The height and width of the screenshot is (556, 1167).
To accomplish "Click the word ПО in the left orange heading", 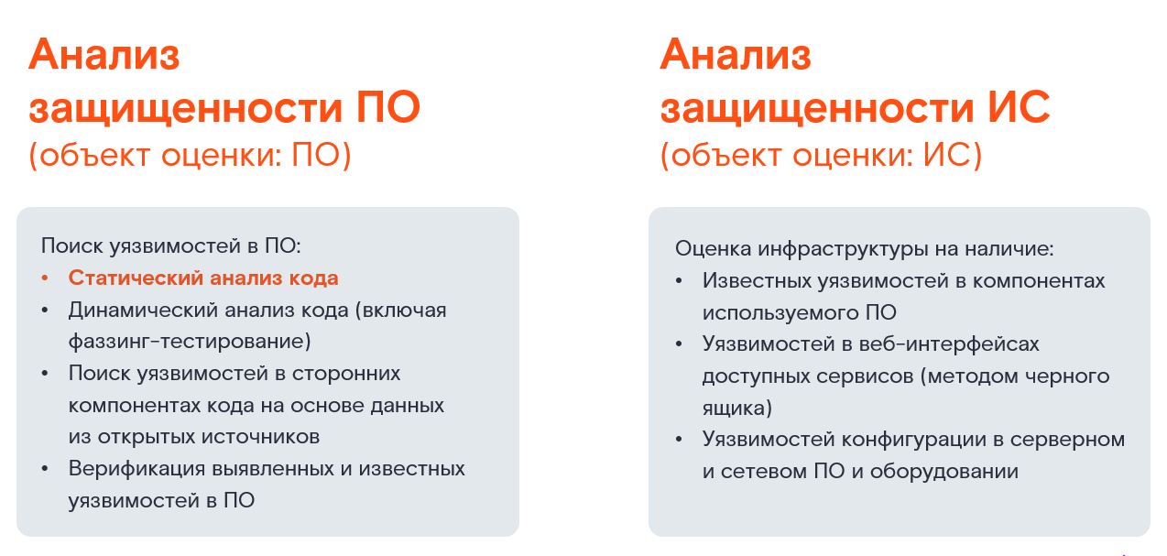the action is point(388,107).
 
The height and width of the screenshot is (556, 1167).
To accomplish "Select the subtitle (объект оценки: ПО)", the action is point(191,156).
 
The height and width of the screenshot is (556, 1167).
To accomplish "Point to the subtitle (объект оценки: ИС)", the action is point(821,156).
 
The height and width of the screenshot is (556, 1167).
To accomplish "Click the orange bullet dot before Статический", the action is point(45,278).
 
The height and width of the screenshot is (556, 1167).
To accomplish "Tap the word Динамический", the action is point(143,311).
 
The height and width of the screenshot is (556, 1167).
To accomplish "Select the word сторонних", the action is point(346,374).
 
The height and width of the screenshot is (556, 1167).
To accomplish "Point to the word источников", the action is point(260,437).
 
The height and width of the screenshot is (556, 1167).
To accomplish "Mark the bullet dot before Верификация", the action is point(45,469).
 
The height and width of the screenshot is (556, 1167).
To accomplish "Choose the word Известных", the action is point(755,281).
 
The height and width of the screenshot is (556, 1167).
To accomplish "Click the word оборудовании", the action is point(944,472).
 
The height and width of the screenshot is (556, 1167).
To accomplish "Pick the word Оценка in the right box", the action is point(713,249).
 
